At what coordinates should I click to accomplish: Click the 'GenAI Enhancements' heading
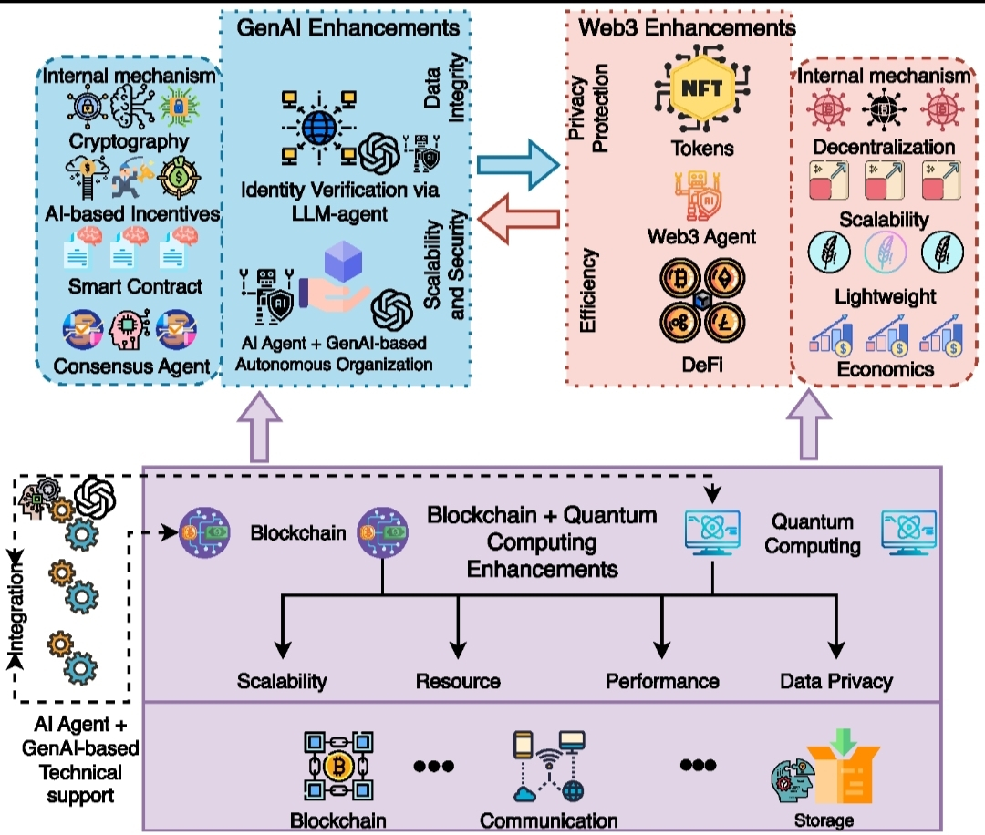pyautogui.click(x=348, y=26)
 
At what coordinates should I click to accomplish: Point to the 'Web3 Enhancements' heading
pyautogui.click(x=688, y=27)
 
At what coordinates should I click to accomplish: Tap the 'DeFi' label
pyautogui.click(x=701, y=365)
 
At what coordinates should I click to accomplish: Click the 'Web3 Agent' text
pyautogui.click(x=701, y=237)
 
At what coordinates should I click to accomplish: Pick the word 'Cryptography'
pyautogui.click(x=130, y=141)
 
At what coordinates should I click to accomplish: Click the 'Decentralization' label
pyautogui.click(x=885, y=147)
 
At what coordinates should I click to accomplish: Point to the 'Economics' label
pyautogui.click(x=885, y=368)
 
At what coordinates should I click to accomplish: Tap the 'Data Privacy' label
pyautogui.click(x=836, y=681)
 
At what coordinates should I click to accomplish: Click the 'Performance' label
pyautogui.click(x=662, y=681)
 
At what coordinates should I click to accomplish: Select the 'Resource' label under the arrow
pyautogui.click(x=458, y=681)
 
